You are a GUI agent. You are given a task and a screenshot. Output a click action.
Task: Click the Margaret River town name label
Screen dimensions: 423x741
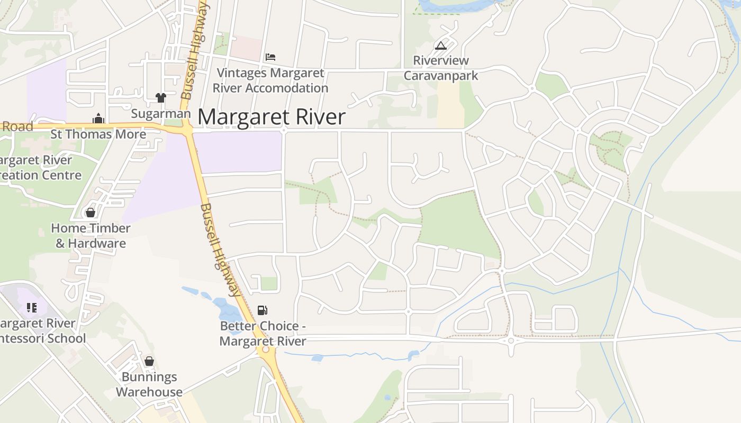[x=272, y=117]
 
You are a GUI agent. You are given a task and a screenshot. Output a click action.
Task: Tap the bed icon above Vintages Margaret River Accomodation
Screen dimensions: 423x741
[x=270, y=57]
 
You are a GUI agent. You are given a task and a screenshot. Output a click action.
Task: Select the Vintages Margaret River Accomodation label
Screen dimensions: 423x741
[x=270, y=80]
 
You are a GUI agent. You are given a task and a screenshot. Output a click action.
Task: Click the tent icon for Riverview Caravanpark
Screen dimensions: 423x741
[x=440, y=45]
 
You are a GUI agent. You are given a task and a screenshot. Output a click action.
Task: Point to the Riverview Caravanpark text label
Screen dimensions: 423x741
[x=441, y=68]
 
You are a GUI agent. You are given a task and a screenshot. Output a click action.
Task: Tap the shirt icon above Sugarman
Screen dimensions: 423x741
[x=161, y=97]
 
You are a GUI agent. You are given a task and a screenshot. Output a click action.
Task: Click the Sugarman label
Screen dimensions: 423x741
[x=161, y=114]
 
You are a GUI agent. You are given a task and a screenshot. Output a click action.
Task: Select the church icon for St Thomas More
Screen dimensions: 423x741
[x=98, y=118]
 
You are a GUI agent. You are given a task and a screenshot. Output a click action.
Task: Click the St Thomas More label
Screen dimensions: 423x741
[x=98, y=134]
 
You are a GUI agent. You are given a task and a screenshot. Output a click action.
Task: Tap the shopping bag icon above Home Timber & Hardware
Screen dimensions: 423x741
[x=91, y=213]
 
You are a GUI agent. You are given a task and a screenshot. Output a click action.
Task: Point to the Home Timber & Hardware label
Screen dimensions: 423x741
[x=91, y=236]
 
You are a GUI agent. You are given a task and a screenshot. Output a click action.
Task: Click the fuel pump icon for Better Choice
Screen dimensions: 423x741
[x=263, y=310]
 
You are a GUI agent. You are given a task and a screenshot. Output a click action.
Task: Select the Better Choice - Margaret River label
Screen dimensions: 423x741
[x=263, y=334]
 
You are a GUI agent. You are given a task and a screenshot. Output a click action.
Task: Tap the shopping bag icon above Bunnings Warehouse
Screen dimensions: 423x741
[x=149, y=361]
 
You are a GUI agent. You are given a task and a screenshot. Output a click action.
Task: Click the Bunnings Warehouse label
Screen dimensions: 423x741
[x=149, y=384]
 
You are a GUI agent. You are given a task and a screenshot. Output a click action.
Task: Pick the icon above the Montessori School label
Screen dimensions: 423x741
[x=32, y=308]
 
